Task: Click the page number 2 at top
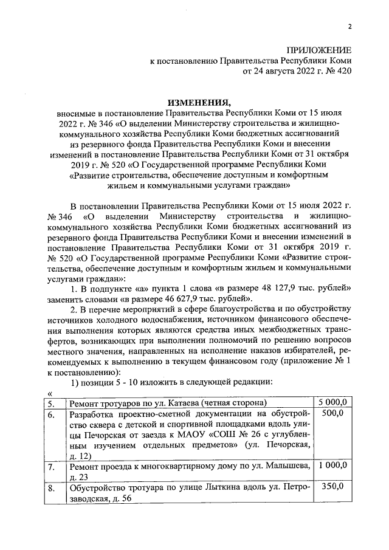349,26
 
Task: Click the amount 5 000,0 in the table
332,402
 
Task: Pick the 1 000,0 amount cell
332,466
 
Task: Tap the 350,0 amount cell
332,487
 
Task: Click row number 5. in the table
53,403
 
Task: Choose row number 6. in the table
53,414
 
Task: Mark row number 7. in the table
53,466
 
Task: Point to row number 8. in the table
53,488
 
